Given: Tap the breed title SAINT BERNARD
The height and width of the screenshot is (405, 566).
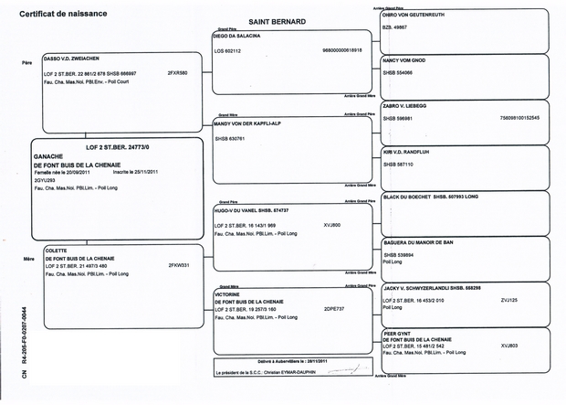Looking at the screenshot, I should (278, 21).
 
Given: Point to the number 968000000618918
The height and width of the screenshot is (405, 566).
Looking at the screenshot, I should (342, 50).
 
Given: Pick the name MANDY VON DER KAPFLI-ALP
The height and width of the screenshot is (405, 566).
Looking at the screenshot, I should (246, 123).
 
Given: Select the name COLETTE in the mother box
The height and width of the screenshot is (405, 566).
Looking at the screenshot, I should (58, 250).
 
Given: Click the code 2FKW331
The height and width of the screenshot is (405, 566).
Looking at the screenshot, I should (179, 265).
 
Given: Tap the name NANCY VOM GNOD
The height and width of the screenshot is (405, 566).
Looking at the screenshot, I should (404, 59).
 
